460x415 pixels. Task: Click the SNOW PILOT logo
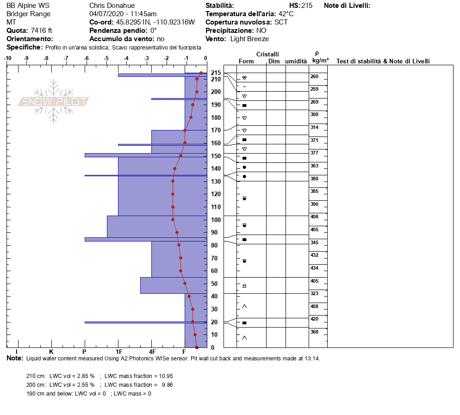(x=53, y=101)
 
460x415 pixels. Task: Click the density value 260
(x=314, y=76)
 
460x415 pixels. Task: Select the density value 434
(x=314, y=268)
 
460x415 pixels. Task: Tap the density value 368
(x=314, y=332)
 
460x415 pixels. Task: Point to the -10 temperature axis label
(x=7, y=58)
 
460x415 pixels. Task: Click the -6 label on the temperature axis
(x=86, y=58)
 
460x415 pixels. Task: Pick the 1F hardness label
(x=118, y=352)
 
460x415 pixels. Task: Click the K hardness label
(x=51, y=352)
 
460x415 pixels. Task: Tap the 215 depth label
(x=216, y=73)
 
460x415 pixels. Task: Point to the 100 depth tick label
(x=216, y=220)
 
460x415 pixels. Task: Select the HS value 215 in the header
(x=307, y=6)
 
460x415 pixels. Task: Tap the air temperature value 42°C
(x=286, y=14)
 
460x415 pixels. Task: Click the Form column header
(x=246, y=62)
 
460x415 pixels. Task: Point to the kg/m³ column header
(x=320, y=61)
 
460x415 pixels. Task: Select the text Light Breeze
(x=249, y=39)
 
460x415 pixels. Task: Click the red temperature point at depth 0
(x=197, y=347)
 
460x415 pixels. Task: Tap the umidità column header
(x=296, y=62)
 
